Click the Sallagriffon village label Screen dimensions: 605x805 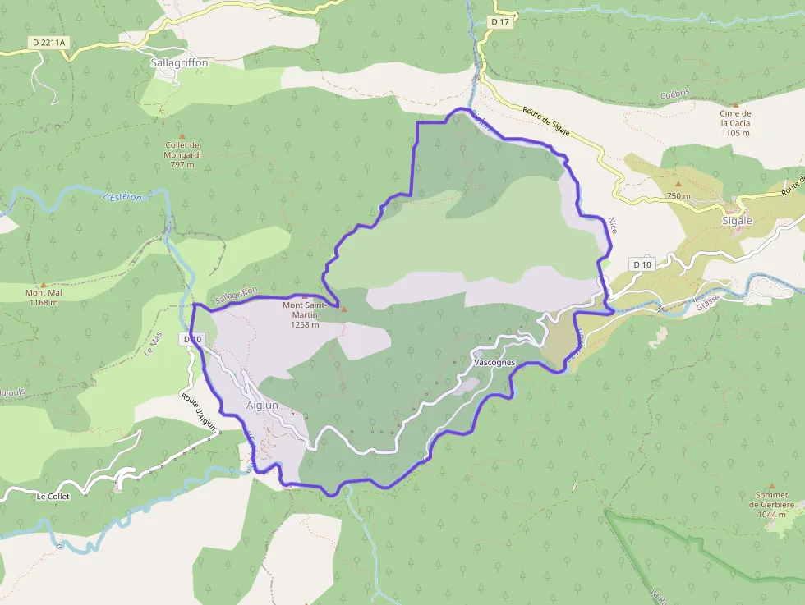180,62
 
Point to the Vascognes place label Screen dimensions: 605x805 494,362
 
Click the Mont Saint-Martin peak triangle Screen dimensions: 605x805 343,309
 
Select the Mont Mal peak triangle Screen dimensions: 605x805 44,283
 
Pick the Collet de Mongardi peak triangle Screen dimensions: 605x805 182,136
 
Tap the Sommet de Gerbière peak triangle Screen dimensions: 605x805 770,486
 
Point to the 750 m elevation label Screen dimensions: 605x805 678,196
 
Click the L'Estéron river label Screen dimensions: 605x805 122,196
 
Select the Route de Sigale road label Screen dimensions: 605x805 547,124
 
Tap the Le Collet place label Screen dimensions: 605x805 53,497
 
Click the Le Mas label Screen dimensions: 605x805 151,344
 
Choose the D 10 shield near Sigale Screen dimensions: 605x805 642,264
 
